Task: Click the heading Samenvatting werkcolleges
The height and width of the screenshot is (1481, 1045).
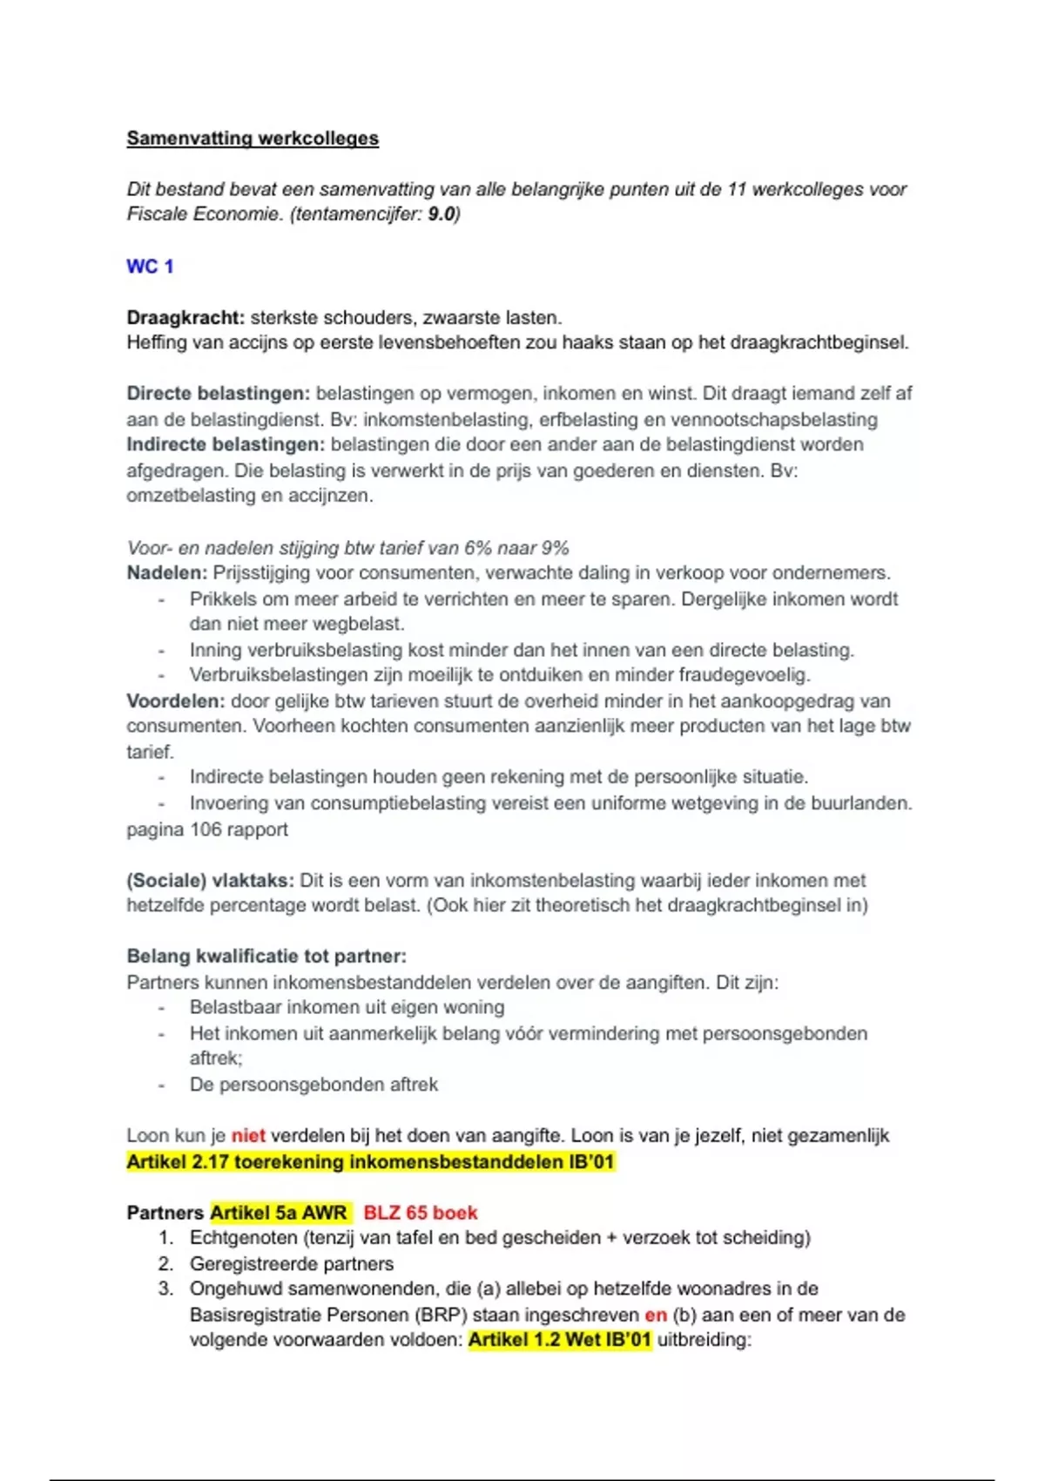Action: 253,139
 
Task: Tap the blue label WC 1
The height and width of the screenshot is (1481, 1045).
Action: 150,267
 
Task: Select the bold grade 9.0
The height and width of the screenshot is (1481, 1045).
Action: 442,214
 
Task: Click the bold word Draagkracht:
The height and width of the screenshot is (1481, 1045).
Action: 185,318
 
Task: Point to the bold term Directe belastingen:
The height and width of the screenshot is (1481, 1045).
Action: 218,394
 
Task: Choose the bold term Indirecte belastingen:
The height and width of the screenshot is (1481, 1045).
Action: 226,444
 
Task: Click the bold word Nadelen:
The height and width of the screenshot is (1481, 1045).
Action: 166,573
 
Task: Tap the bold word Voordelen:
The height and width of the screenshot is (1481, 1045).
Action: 175,701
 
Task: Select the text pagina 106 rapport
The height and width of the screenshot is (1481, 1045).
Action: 207,829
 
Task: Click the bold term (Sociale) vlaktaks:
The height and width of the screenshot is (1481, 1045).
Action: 210,881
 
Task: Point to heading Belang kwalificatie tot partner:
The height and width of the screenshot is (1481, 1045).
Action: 266,957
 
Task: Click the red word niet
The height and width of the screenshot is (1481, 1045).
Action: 248,1136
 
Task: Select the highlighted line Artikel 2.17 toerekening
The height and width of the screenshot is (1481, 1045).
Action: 370,1162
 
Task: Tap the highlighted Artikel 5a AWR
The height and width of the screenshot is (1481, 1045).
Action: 279,1213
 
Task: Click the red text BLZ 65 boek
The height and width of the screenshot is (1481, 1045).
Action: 421,1213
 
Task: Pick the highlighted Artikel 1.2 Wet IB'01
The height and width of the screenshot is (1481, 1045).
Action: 559,1340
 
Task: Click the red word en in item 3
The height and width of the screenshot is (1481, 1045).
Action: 656,1315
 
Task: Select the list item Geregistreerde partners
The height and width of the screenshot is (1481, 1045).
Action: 291,1264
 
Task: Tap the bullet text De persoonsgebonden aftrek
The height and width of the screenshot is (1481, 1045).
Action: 313,1085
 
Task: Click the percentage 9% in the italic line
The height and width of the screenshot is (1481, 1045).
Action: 555,548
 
